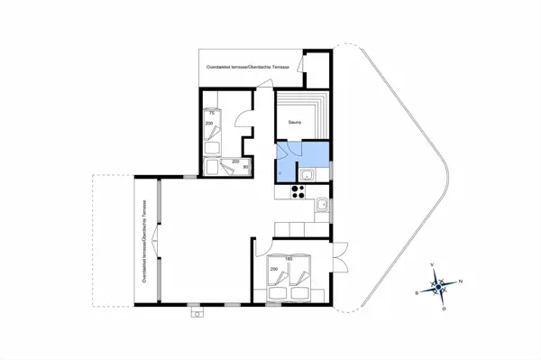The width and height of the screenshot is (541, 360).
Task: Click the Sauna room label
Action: [x=295, y=121]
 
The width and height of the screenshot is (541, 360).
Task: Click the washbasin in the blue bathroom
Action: [x=307, y=174]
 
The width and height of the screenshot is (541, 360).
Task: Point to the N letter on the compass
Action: [x=461, y=282]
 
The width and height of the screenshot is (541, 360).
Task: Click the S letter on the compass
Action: [x=416, y=292]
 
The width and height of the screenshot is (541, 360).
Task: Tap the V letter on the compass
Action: [x=433, y=264]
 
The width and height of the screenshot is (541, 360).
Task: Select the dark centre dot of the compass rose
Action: [x=438, y=287]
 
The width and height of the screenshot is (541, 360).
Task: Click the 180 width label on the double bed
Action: [x=289, y=260]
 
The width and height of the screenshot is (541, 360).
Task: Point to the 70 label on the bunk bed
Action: [x=211, y=114]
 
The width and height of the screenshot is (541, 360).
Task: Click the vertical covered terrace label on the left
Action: [x=144, y=240]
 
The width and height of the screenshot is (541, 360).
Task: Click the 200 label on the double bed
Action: [x=273, y=269]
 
